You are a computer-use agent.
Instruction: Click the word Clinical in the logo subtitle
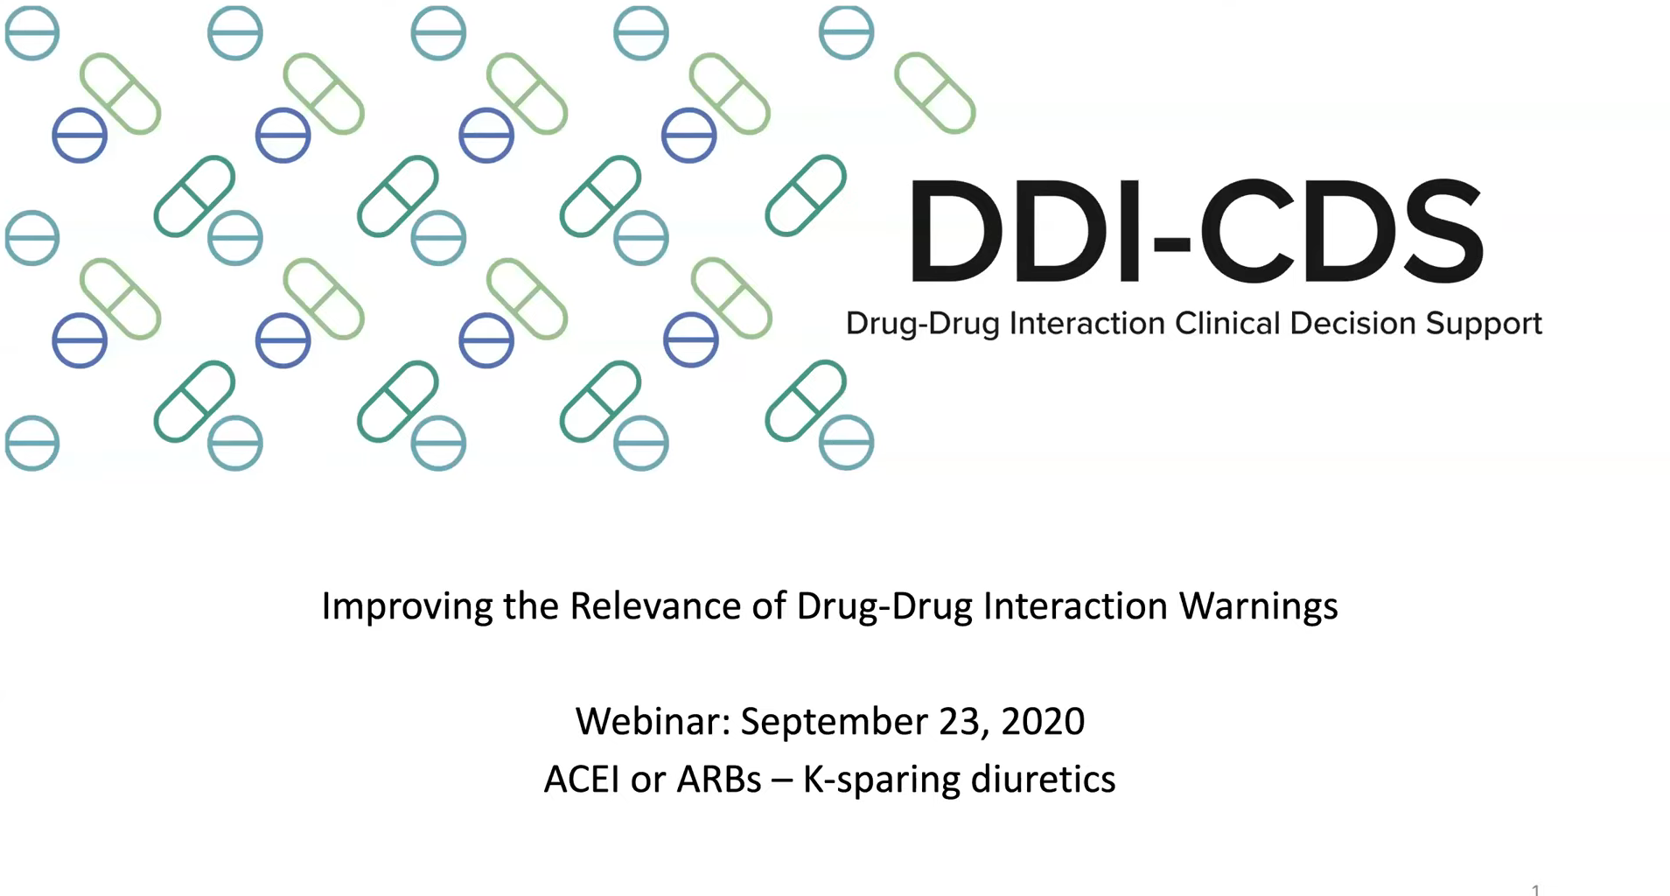(x=1226, y=323)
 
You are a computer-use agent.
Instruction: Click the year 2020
(x=1044, y=722)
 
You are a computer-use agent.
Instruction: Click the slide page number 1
(x=1535, y=890)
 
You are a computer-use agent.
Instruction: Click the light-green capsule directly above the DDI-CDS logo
(x=934, y=93)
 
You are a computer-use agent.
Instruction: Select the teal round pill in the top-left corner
(x=32, y=32)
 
